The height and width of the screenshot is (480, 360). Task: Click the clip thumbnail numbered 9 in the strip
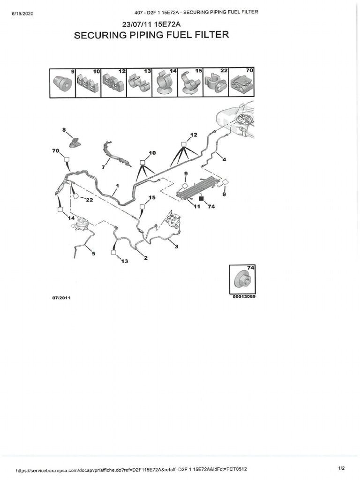62,83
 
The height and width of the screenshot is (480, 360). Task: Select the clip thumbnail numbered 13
139,83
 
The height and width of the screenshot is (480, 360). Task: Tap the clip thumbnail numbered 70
241,83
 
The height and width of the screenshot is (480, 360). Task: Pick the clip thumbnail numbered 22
216,83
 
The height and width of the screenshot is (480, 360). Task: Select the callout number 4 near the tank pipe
224,160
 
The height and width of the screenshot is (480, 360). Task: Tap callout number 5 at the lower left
93,254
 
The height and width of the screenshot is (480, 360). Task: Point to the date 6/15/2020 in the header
20,12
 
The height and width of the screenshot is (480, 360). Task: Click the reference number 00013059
244,296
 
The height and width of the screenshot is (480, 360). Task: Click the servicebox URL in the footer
131,470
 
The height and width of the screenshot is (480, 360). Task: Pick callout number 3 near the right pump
176,247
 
